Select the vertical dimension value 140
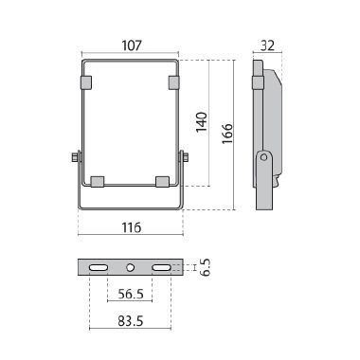tap(202, 123)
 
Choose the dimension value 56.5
tap(130, 295)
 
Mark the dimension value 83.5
tap(130, 321)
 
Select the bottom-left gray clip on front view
tap(97, 180)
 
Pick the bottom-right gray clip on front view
tap(162, 180)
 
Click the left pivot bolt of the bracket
tap(74, 157)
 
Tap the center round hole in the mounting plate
tap(130, 269)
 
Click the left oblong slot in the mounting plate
tap(98, 269)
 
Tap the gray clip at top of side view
tap(256, 83)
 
